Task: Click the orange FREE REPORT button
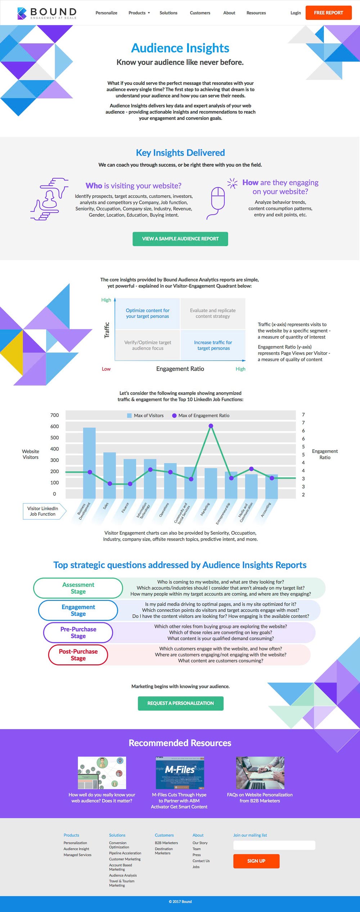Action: (x=328, y=13)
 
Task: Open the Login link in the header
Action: (x=296, y=13)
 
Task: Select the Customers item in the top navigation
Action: (x=200, y=13)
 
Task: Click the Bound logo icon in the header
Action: (x=22, y=13)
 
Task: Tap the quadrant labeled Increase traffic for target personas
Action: (x=213, y=345)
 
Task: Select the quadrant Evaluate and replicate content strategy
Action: (x=213, y=313)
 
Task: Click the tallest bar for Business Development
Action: (x=89, y=463)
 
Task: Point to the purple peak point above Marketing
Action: (x=211, y=426)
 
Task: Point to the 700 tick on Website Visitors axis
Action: (x=54, y=415)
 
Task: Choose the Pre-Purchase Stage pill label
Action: (x=78, y=633)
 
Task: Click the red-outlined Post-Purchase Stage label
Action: (x=78, y=655)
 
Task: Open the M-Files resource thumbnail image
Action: (x=180, y=773)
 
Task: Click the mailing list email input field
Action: (x=274, y=845)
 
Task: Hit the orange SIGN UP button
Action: (x=256, y=861)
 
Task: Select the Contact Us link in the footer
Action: (x=201, y=861)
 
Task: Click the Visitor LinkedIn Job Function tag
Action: (x=43, y=511)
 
